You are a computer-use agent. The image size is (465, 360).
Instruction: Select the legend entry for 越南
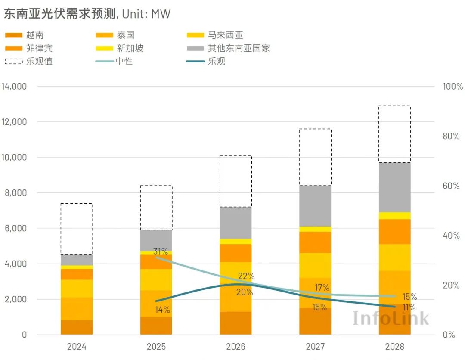[x=34, y=35]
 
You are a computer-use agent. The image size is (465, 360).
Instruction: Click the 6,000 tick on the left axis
[x=16, y=228]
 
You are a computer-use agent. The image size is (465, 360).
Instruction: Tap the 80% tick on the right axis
[x=451, y=136]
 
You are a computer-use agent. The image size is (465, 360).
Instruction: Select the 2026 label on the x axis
[x=236, y=347]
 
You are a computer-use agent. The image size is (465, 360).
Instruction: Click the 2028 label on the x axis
[x=394, y=347]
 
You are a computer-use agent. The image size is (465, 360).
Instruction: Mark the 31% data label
[x=161, y=252]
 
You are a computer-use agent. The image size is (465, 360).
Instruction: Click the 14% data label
[x=162, y=310]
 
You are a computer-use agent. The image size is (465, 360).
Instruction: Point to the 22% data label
[x=246, y=276]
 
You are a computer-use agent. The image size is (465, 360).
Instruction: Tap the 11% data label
[x=409, y=308]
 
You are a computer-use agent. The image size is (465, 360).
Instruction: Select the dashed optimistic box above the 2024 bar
[x=77, y=229]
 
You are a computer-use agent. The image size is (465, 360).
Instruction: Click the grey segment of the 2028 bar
[x=394, y=187]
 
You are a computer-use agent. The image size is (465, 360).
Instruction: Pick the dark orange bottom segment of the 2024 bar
[x=77, y=327]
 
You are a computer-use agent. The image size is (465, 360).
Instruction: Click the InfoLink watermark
[x=391, y=318]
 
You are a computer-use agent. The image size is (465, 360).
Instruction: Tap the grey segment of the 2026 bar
[x=236, y=223]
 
